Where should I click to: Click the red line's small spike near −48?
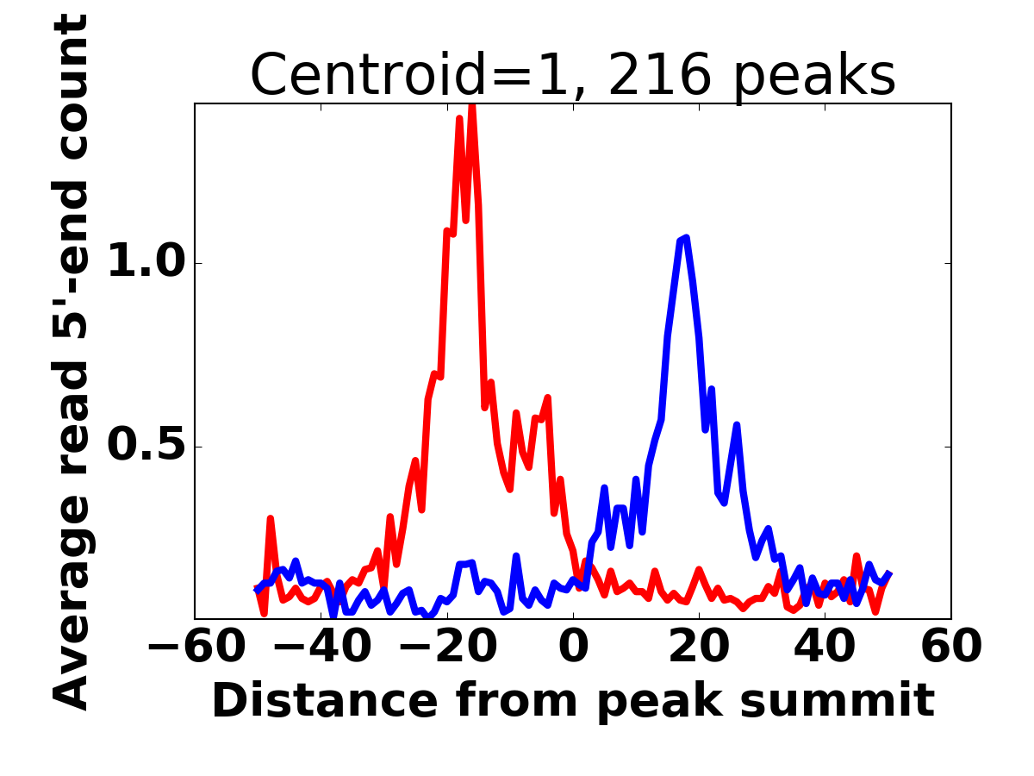[270, 519]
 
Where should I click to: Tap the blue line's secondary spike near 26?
[737, 424]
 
